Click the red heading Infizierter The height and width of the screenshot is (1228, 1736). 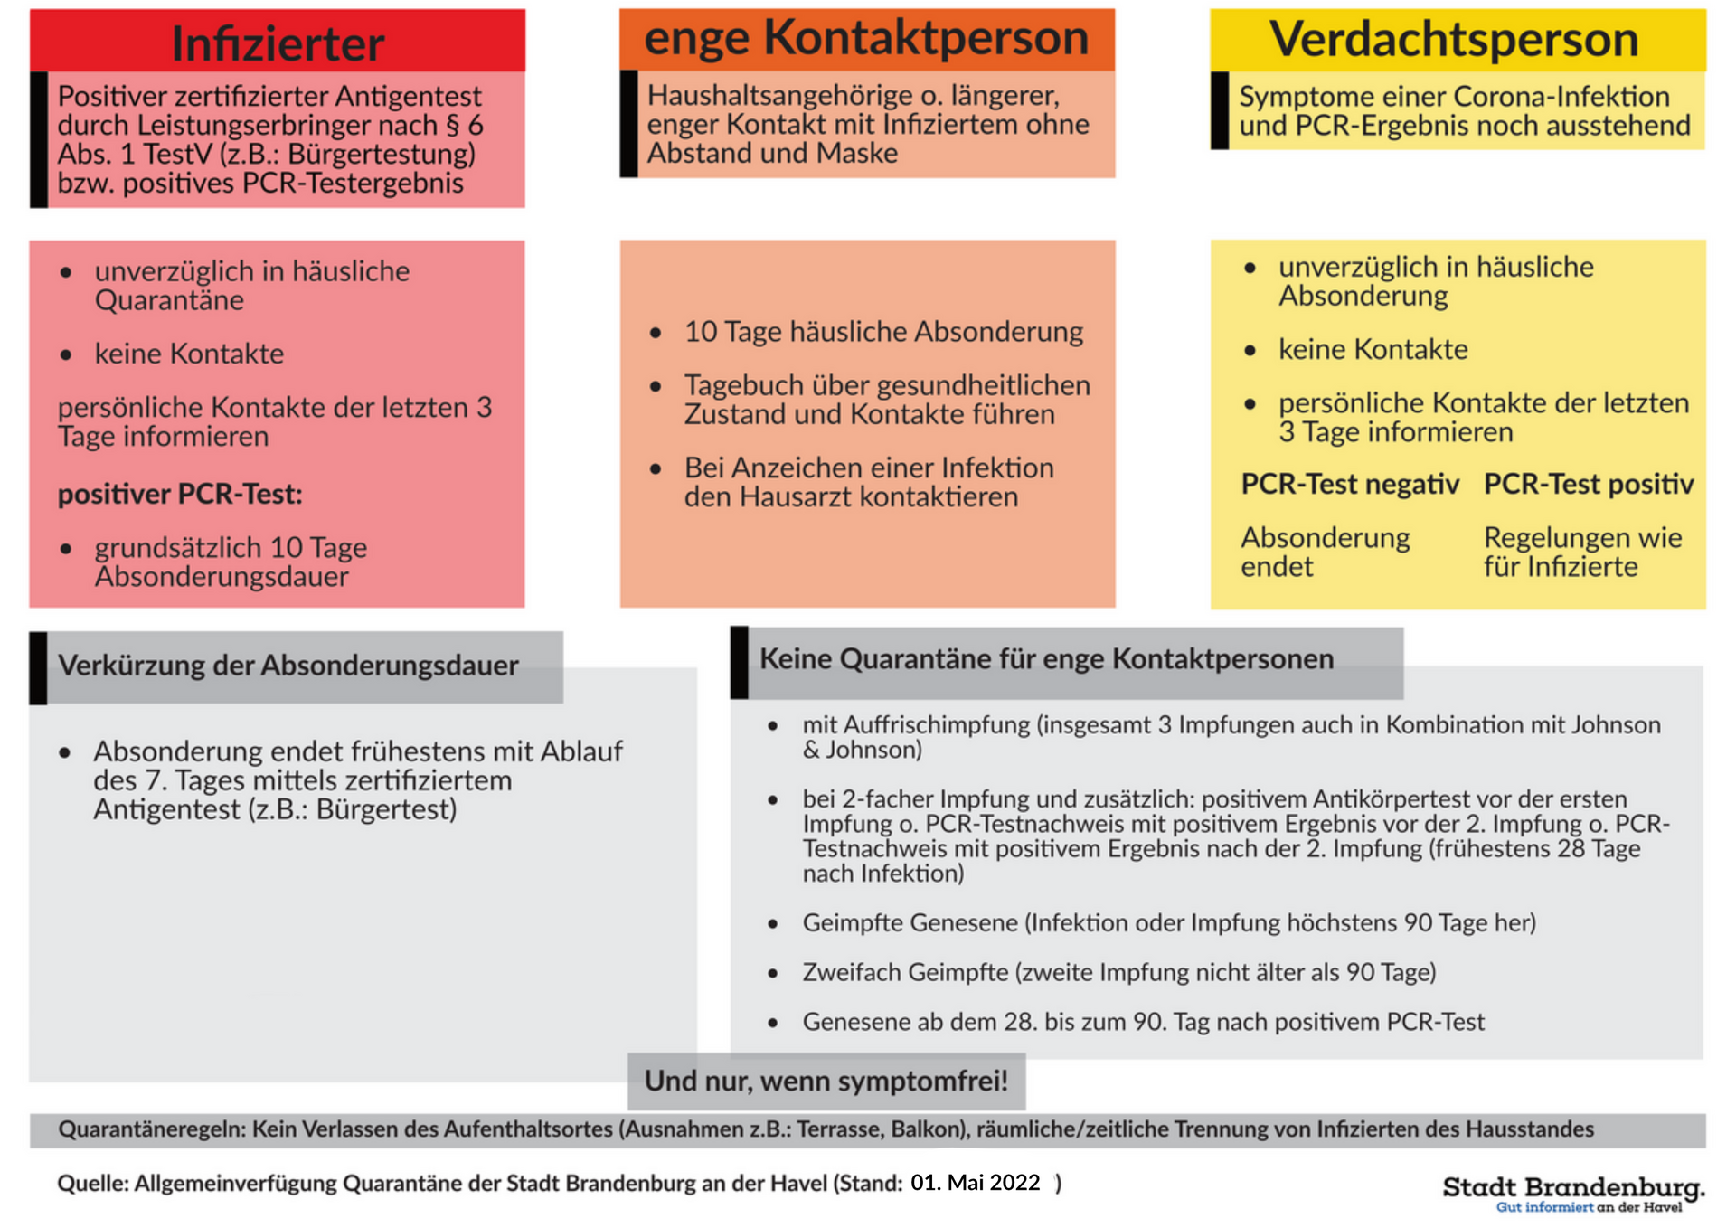pos(278,43)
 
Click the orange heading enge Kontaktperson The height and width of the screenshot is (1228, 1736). pos(866,39)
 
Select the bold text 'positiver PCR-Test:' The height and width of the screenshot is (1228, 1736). pos(180,495)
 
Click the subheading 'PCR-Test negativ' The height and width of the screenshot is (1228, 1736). pos(1349,485)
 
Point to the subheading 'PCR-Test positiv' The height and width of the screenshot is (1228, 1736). pos(1588,485)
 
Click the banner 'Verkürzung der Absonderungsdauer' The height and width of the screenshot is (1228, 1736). pos(288,666)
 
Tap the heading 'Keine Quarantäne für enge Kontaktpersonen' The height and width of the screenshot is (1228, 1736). pos(1046,659)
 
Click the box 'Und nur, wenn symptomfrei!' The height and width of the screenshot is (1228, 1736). pos(826,1081)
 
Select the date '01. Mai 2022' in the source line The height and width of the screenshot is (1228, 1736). pos(975,1183)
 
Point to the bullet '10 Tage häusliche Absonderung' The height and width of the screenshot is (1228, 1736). pos(883,332)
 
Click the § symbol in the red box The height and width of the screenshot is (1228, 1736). pos(453,125)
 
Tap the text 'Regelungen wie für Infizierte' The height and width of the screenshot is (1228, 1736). pos(1582,553)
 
